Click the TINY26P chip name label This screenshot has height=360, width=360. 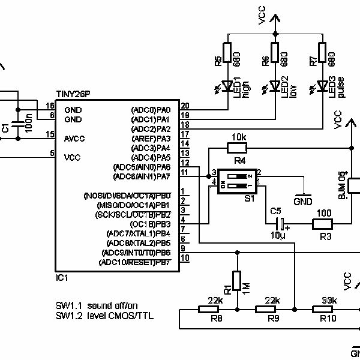74,95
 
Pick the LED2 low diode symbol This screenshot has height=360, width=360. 275,86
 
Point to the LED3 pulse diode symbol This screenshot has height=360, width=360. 323,86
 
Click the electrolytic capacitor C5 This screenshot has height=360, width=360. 278,224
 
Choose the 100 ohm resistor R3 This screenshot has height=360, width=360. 325,224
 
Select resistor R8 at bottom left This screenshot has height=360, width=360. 209,310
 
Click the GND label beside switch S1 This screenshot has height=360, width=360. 303,201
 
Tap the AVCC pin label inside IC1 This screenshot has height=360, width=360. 74,139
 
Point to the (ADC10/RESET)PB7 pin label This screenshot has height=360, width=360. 135,262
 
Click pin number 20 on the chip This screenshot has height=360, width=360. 185,106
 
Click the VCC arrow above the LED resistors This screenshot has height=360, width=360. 275,22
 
